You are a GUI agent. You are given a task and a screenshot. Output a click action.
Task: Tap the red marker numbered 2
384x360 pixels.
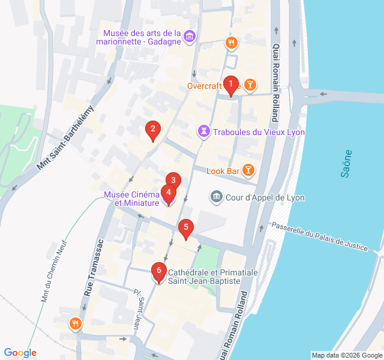(x=153, y=128)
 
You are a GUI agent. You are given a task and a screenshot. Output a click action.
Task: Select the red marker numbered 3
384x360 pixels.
(x=173, y=180)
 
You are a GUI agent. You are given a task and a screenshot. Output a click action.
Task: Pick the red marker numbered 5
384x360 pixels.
(x=186, y=227)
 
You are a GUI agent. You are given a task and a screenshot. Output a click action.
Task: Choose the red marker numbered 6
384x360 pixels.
(x=158, y=271)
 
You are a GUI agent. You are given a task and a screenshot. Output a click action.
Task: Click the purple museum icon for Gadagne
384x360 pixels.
(x=190, y=37)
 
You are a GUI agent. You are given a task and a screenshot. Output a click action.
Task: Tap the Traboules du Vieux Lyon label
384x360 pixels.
(x=259, y=131)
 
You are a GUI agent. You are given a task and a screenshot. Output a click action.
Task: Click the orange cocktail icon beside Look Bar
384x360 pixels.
(x=247, y=170)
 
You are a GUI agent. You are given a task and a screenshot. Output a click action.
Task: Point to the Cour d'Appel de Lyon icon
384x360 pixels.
(x=215, y=197)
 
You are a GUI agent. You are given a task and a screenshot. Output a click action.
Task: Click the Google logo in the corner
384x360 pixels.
(x=20, y=353)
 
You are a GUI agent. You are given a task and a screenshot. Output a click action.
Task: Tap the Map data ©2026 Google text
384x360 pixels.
(x=346, y=355)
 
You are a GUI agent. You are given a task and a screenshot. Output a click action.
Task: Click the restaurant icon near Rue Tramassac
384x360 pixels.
(x=75, y=324)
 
